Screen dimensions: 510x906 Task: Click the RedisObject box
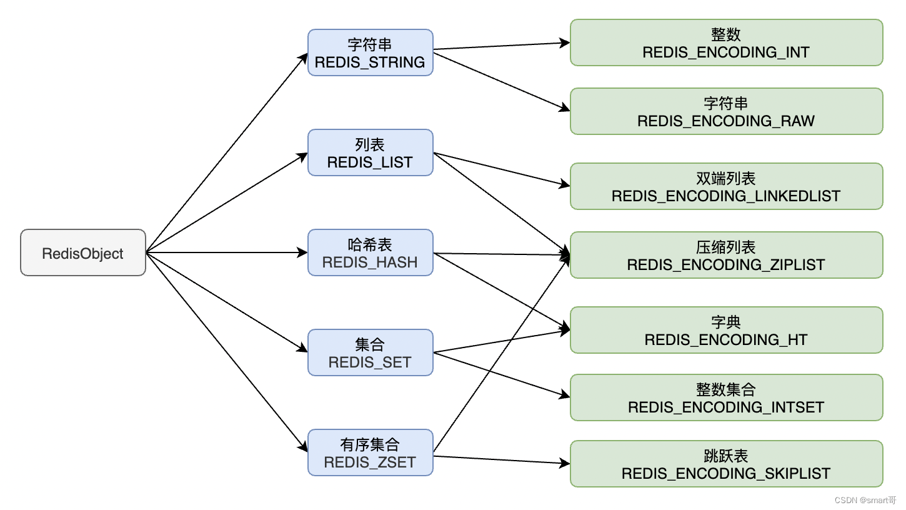coord(83,252)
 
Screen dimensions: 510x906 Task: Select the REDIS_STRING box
coord(370,52)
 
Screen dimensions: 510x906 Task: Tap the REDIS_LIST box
coord(370,152)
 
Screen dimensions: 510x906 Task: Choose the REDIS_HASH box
coord(370,252)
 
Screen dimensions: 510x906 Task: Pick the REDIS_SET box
coord(370,352)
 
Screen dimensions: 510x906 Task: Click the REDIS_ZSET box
coord(370,452)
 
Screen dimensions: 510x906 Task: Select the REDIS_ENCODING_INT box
coord(726,42)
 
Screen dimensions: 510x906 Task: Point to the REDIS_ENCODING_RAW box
coord(726,111)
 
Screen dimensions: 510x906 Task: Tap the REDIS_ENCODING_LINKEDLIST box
coord(726,186)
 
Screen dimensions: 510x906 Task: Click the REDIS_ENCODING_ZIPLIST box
coord(726,255)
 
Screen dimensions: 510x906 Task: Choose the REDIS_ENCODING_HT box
coord(726,330)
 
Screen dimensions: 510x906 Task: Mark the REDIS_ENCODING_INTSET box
coord(726,397)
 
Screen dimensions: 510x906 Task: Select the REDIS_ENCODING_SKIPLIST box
coord(726,464)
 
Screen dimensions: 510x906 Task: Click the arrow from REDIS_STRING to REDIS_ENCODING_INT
coord(500,46)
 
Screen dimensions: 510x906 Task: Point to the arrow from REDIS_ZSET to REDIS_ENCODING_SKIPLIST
coord(500,460)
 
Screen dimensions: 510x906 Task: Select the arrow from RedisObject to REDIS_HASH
coord(225,252)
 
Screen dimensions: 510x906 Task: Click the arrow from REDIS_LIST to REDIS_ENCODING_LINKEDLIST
coord(500,169)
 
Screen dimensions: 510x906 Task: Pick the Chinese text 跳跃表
coord(725,456)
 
